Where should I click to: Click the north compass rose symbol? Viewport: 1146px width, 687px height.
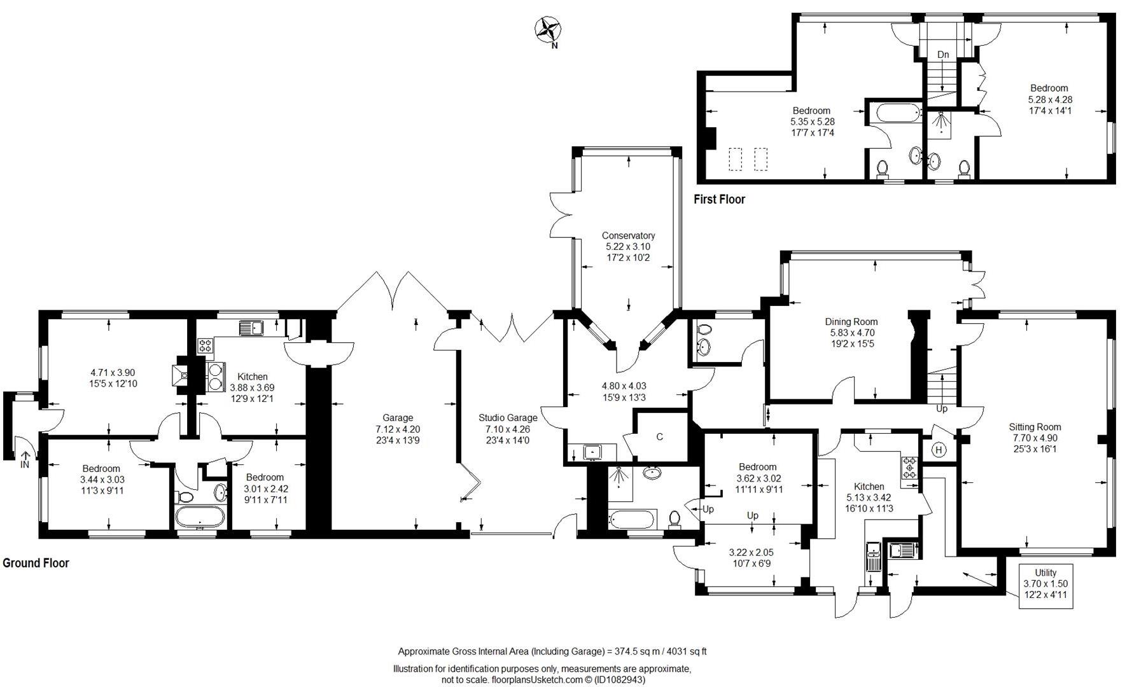547,30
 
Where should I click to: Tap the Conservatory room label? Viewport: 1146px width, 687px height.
628,235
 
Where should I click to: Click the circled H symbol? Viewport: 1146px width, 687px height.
939,450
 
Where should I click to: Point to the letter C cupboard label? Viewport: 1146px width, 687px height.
660,436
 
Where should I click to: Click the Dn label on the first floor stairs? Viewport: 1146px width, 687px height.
943,55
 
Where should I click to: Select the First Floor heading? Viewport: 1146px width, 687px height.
719,199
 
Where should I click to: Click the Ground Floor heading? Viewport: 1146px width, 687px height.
36,563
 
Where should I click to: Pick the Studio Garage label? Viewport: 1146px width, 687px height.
508,418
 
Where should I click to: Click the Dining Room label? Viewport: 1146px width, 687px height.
851,322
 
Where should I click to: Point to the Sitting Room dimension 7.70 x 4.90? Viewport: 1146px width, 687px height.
1035,438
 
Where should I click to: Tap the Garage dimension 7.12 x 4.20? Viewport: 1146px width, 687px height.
398,429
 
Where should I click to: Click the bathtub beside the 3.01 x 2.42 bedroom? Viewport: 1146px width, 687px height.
200,517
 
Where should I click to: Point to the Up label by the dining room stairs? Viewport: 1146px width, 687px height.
942,408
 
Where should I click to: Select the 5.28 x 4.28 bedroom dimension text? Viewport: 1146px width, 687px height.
1050,99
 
